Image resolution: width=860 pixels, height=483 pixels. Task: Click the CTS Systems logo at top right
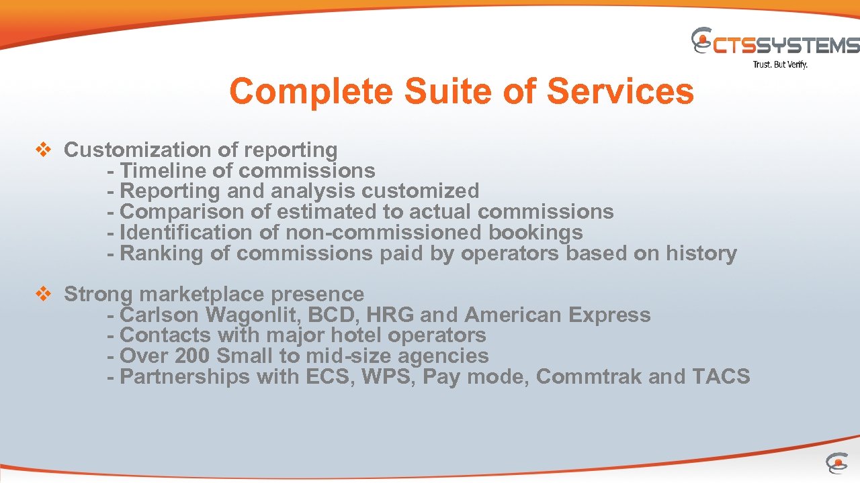click(x=775, y=42)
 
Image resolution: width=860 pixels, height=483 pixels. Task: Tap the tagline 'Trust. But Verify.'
click(x=779, y=65)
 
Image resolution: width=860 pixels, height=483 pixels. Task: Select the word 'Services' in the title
click(x=619, y=91)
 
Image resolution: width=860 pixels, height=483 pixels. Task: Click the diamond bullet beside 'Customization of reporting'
click(x=43, y=150)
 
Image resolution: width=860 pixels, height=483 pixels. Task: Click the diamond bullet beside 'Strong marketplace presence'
click(x=43, y=294)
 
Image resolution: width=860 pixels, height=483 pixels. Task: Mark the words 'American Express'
click(x=558, y=315)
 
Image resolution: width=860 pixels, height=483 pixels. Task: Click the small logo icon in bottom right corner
click(x=836, y=463)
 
